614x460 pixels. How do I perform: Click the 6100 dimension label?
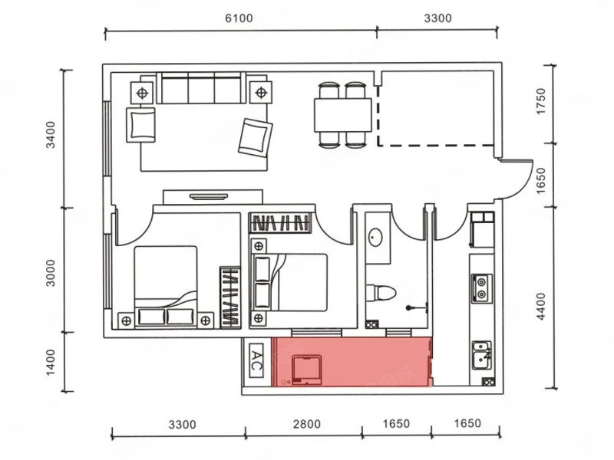pos(239,18)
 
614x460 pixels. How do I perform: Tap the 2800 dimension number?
pos(306,424)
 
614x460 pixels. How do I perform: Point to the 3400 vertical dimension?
pos(51,135)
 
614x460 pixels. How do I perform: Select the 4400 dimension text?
pos(541,306)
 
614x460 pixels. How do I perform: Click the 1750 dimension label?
pos(541,101)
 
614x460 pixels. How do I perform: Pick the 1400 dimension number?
pos(51,363)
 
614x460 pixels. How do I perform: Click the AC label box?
pos(256,360)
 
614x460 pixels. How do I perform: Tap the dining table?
pos(342,115)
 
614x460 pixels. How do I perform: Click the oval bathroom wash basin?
pos(375,238)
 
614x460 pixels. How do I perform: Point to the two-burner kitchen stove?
pos(481,288)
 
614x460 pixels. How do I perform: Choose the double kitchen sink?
pos(481,355)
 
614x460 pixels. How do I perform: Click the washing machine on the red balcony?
pos(307,370)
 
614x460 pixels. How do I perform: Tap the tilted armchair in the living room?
pos(255,138)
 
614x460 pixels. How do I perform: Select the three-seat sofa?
pos(201,88)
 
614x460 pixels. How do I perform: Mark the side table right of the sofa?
pos(261,93)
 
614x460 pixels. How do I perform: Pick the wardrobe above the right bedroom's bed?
pos(280,223)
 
